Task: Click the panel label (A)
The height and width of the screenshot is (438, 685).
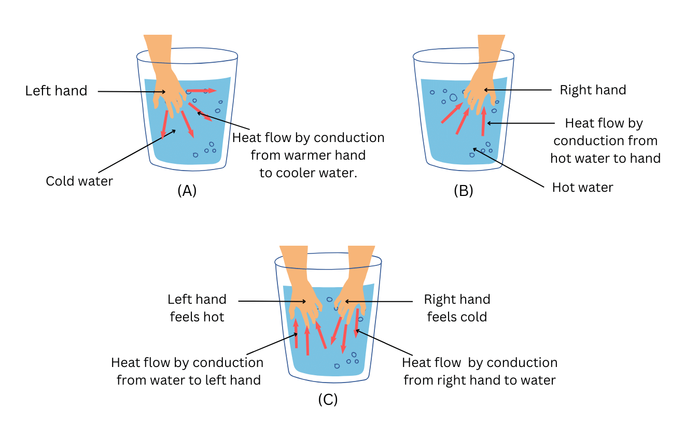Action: (x=187, y=191)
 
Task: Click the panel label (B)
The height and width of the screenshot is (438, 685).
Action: (x=463, y=191)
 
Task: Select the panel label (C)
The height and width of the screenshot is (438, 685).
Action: (x=328, y=399)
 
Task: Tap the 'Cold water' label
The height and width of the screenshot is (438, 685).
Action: (x=79, y=181)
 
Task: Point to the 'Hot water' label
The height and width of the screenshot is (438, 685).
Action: (x=582, y=187)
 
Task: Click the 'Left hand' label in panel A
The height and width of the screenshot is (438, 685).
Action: (x=56, y=91)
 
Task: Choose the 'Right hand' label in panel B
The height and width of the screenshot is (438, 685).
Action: (x=593, y=90)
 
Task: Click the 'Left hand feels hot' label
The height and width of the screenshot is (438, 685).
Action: (x=197, y=308)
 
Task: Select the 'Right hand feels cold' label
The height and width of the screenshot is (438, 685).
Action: (x=457, y=308)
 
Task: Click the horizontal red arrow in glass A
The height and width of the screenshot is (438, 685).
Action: (x=201, y=91)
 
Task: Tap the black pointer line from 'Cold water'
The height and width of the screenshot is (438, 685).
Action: (x=135, y=151)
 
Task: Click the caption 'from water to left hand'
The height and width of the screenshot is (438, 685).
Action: (x=188, y=380)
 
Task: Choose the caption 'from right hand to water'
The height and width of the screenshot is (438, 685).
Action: (x=479, y=380)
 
